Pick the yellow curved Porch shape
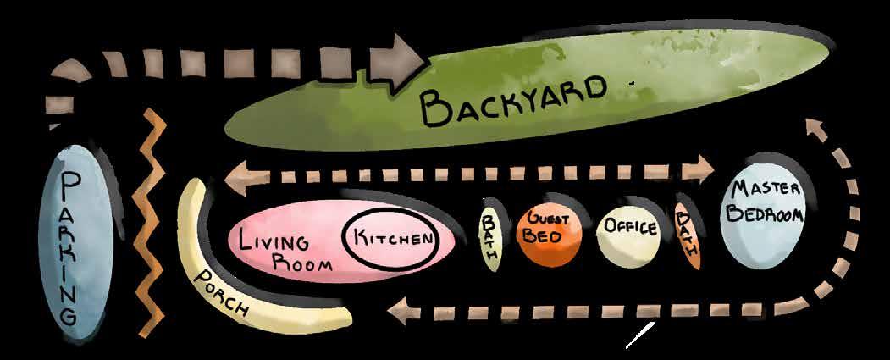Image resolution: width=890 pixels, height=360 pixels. pyautogui.click(x=254, y=292)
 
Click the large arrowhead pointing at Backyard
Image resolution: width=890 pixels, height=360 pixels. pyautogui.click(x=397, y=64)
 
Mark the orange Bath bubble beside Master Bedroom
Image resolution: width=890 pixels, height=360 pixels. pyautogui.click(x=688, y=233)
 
